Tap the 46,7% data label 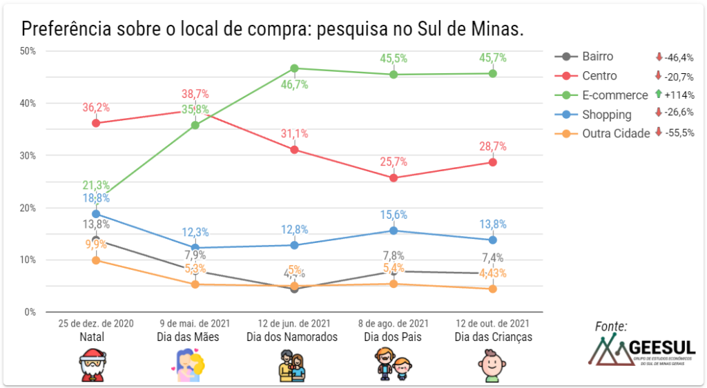pos(294,85)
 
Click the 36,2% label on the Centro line pos(96,108)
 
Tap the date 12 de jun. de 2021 pos(294,323)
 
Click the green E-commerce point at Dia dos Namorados pos(294,68)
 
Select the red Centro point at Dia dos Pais pos(394,177)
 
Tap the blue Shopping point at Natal pos(96,214)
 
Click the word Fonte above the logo pos(611,326)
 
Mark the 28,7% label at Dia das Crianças pos(492,146)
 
